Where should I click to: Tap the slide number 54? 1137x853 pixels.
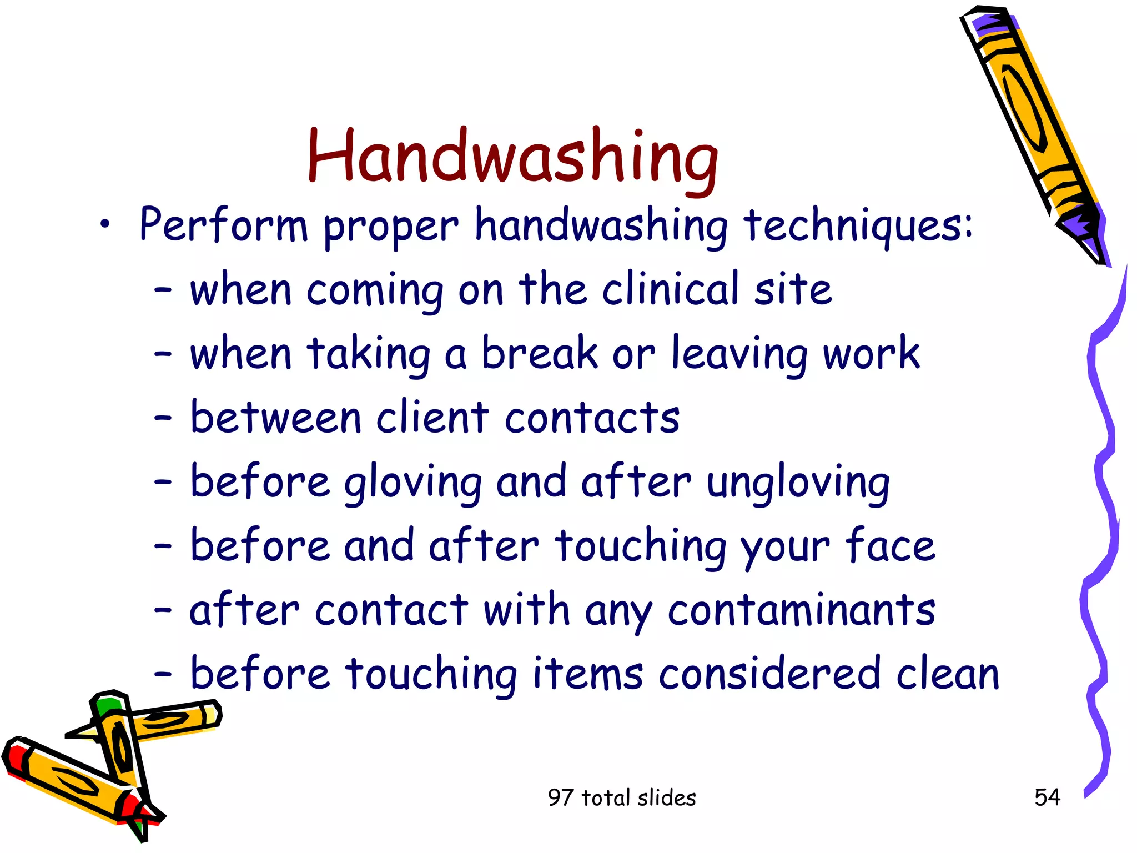(x=1047, y=797)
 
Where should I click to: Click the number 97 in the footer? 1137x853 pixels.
(x=560, y=798)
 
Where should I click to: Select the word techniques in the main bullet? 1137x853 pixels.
(x=858, y=225)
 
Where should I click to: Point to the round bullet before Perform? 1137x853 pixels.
(x=105, y=225)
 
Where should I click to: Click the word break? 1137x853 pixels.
(x=540, y=353)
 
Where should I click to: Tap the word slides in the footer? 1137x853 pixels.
(x=667, y=798)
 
